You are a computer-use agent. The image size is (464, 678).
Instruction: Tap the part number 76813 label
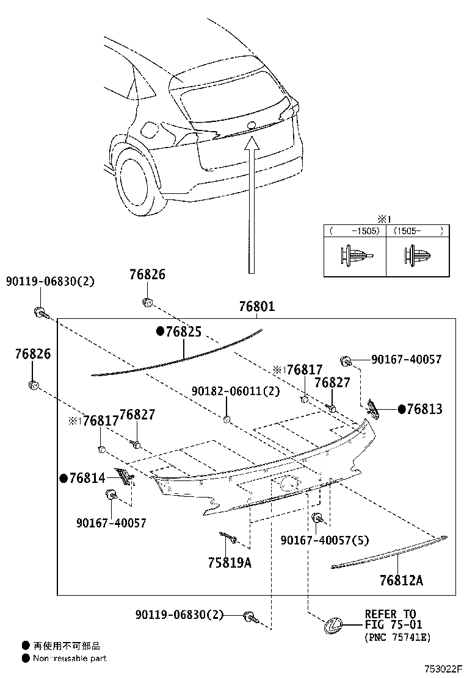click(x=424, y=409)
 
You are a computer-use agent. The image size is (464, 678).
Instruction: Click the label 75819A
click(x=230, y=563)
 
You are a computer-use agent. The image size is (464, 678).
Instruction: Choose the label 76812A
click(x=401, y=580)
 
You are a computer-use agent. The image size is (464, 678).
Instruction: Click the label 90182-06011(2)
click(x=227, y=391)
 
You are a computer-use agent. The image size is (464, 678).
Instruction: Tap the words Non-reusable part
click(x=70, y=658)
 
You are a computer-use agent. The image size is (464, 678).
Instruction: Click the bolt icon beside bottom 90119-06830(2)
click(x=250, y=616)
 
